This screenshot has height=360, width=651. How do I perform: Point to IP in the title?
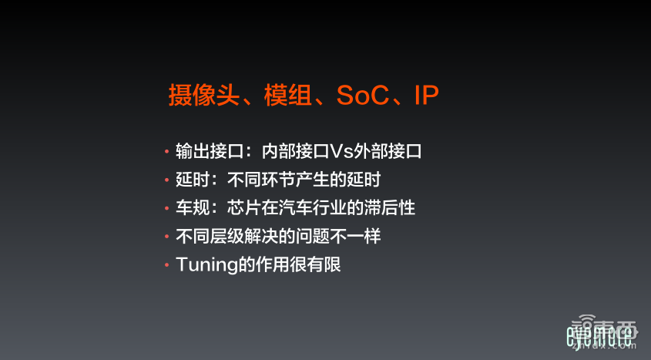click(x=426, y=96)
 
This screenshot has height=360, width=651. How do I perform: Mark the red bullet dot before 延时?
click(x=166, y=180)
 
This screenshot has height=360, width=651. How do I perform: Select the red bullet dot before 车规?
click(x=166, y=209)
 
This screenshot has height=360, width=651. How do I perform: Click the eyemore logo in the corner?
click(x=599, y=336)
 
